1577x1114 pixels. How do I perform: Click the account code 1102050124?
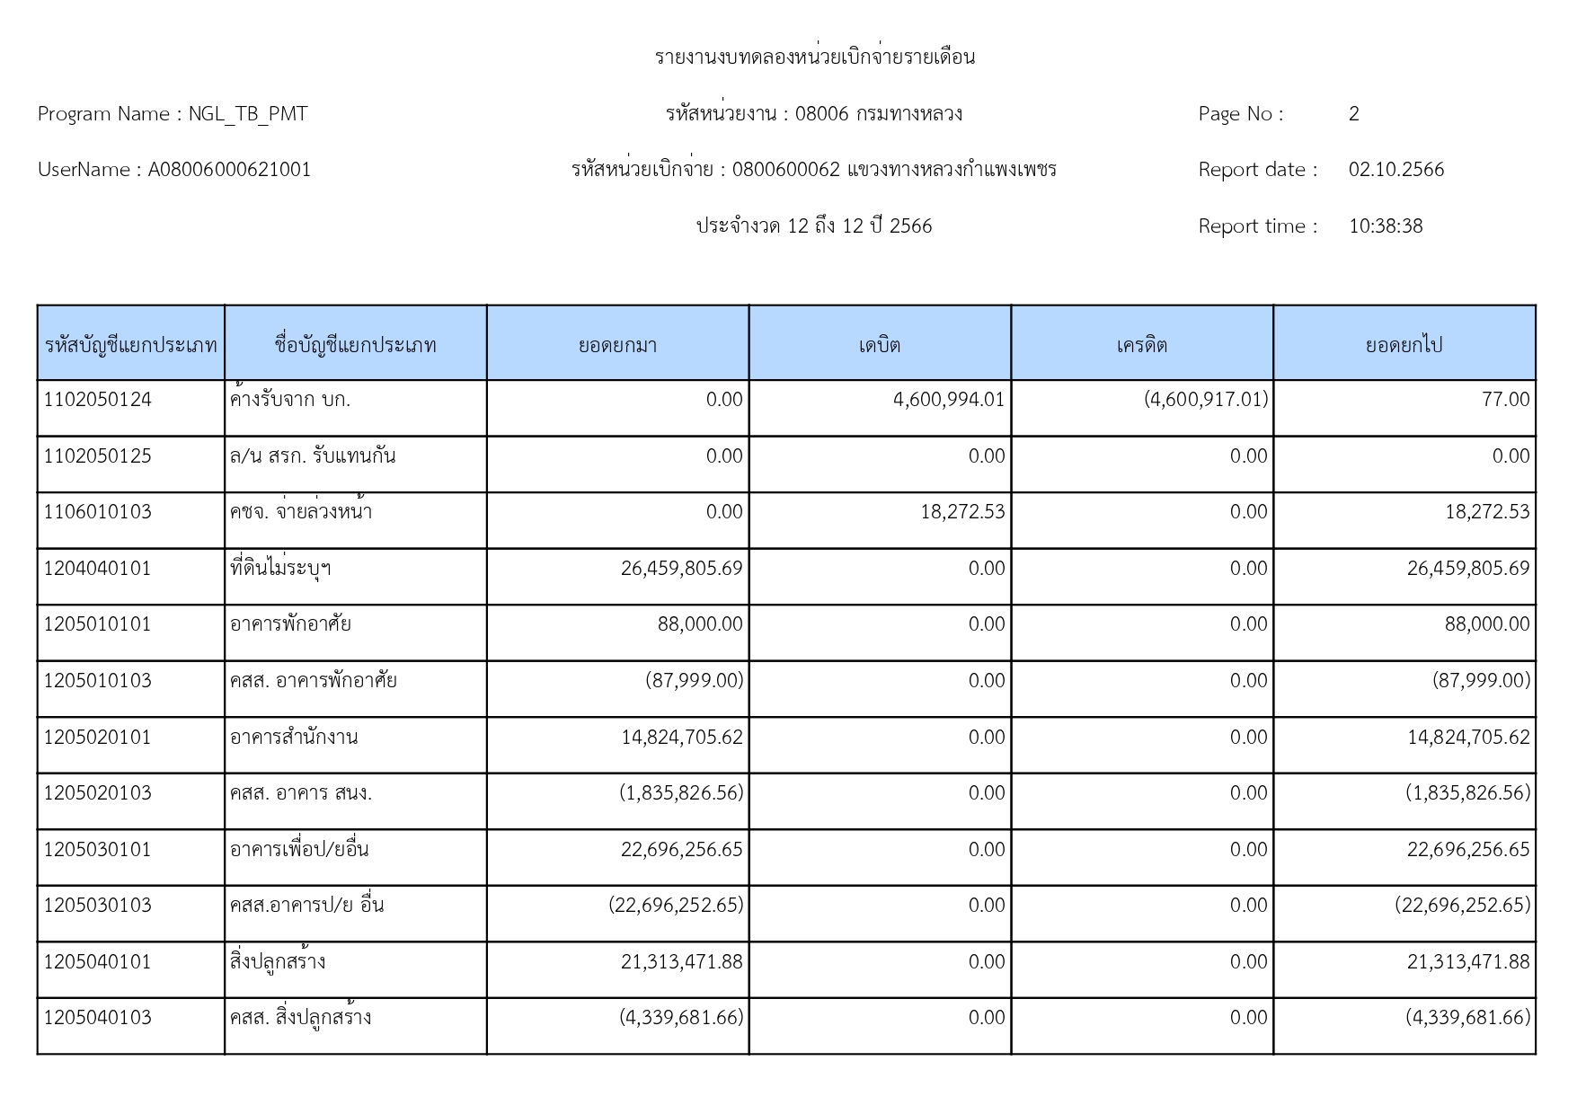click(x=98, y=400)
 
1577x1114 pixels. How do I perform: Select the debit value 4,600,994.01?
click(x=948, y=400)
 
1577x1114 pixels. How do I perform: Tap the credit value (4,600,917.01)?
click(x=1205, y=400)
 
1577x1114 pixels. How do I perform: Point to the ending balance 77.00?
click(x=1505, y=400)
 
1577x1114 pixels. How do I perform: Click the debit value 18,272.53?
click(x=962, y=512)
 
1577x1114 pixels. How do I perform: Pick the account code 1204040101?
click(x=98, y=569)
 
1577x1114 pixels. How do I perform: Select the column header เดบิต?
click(x=879, y=345)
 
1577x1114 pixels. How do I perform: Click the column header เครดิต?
click(x=1141, y=345)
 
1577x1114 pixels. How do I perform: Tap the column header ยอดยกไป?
click(x=1404, y=345)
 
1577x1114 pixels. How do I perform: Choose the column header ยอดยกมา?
click(x=617, y=345)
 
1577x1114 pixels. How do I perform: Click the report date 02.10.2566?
click(x=1395, y=170)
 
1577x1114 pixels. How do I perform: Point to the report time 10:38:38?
click(x=1385, y=226)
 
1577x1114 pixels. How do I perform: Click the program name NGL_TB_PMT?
click(x=247, y=114)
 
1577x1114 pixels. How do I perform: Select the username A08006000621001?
click(x=229, y=170)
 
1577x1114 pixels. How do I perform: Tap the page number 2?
click(x=1353, y=114)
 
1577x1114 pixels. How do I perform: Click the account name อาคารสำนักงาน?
click(x=294, y=738)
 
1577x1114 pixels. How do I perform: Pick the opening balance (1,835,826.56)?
click(x=681, y=793)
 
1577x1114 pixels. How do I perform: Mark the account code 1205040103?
click(x=98, y=1018)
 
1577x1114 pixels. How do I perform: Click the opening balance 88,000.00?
click(x=700, y=624)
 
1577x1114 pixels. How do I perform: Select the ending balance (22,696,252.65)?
click(x=1462, y=906)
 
